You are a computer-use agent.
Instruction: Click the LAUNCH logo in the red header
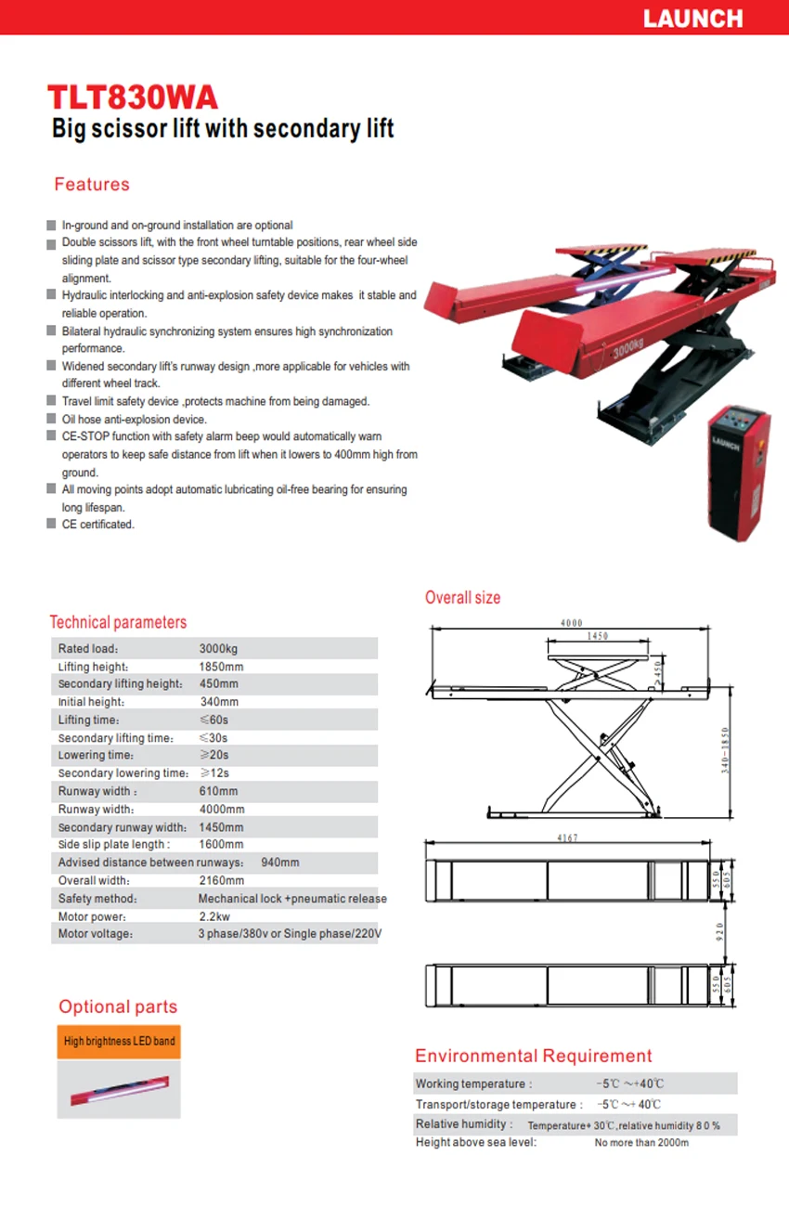tap(692, 19)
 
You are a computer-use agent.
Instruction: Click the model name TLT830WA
tap(133, 97)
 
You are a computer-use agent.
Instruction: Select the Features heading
tap(92, 184)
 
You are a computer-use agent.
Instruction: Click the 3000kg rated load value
tap(218, 649)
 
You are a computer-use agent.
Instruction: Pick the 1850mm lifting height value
tap(221, 667)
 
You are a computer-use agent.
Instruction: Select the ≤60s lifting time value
tap(213, 720)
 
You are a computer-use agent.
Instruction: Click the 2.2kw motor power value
tap(214, 916)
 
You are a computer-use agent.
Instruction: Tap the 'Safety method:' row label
tap(97, 899)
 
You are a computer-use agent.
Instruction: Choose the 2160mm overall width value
tap(222, 880)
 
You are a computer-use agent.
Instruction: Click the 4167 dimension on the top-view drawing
tap(567, 838)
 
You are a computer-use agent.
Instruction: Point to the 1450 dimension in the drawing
tap(598, 637)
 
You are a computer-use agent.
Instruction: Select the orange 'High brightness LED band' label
tap(119, 1041)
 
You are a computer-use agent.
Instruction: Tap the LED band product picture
tap(119, 1089)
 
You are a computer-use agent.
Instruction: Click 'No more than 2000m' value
tap(641, 1143)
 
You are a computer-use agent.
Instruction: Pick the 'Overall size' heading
tap(462, 598)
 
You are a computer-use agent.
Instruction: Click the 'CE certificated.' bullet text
tap(98, 525)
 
